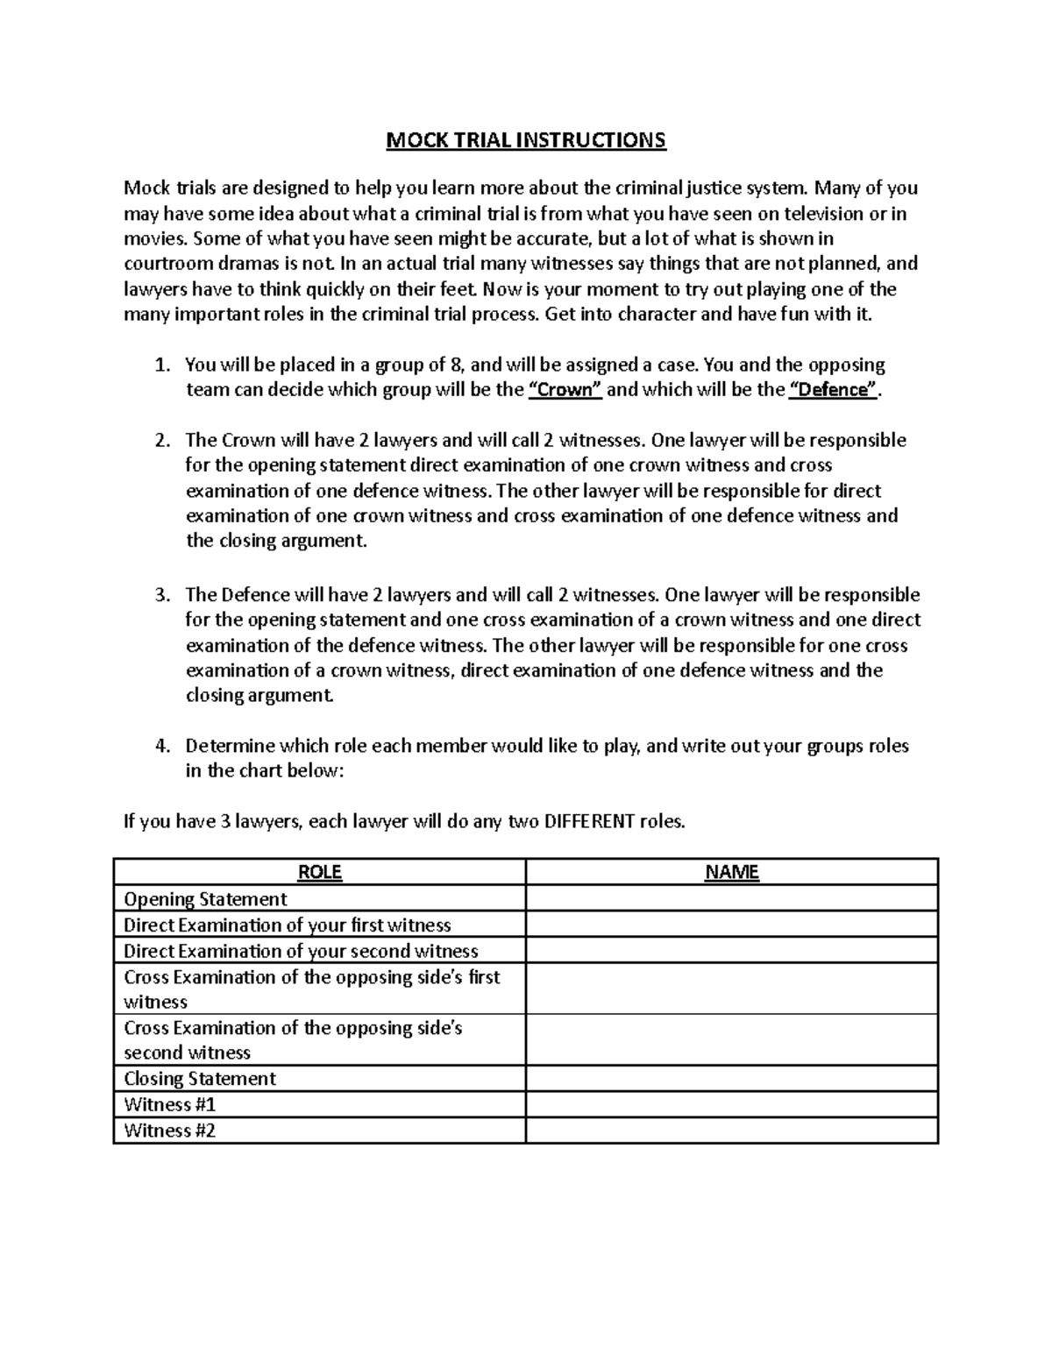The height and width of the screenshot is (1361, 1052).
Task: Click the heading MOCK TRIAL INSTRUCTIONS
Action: point(526,140)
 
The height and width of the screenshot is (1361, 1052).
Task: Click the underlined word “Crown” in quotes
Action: point(565,390)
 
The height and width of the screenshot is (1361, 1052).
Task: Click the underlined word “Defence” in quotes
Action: point(834,390)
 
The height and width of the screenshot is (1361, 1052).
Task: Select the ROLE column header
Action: point(320,872)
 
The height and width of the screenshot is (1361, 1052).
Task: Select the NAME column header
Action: point(732,872)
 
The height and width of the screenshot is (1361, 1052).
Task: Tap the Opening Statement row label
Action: point(205,899)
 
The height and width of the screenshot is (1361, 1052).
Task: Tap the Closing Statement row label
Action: point(200,1079)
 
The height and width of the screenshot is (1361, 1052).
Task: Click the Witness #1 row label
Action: point(169,1104)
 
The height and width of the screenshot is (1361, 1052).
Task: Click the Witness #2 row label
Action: point(169,1131)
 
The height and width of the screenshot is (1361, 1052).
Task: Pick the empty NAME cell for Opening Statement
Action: point(732,899)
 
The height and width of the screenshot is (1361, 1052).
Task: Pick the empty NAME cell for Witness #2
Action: point(732,1131)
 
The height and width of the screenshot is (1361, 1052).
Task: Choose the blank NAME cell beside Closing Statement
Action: point(732,1079)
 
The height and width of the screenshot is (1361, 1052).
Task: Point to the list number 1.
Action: point(160,365)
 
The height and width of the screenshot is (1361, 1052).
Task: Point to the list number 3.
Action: point(160,595)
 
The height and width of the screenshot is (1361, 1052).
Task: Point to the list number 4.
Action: point(160,747)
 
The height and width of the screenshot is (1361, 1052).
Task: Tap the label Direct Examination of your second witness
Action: point(301,951)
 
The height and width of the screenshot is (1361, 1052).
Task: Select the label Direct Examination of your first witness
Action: point(287,925)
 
